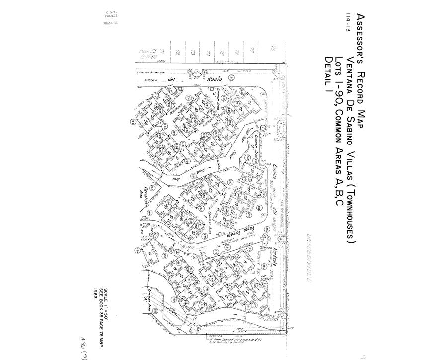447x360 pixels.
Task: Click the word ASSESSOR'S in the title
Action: [361, 36]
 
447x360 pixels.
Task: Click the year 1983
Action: [94, 292]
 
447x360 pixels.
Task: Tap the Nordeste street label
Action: [274, 258]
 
